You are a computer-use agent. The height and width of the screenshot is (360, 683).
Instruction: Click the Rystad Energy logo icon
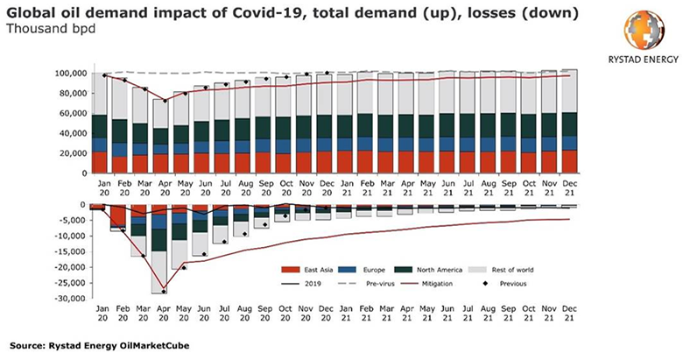(627, 32)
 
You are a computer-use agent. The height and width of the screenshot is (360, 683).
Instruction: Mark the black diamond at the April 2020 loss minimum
(164, 292)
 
